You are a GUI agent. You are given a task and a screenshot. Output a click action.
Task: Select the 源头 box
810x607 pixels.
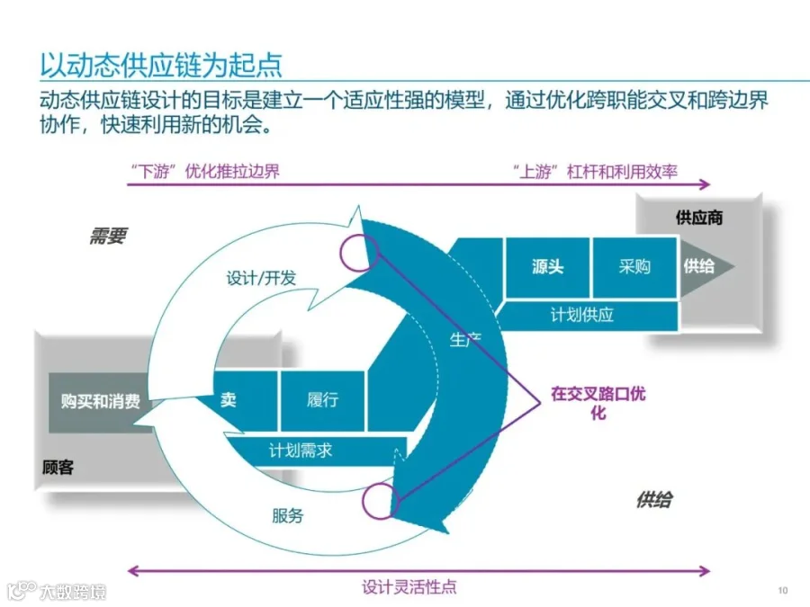click(547, 267)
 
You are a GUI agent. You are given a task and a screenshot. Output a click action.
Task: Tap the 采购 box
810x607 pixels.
click(634, 267)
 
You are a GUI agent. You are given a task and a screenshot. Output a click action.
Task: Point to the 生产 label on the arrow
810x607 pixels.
click(465, 339)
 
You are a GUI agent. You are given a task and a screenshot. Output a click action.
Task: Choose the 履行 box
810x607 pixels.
click(322, 400)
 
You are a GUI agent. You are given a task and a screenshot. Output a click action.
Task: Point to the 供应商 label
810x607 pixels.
click(698, 218)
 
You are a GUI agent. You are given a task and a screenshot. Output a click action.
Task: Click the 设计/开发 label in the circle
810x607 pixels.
click(261, 279)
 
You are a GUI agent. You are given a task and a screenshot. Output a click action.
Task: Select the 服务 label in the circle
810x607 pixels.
click(288, 515)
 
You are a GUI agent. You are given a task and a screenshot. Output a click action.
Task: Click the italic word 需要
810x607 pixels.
click(108, 237)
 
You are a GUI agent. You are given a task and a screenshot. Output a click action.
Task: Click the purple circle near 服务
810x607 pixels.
click(379, 500)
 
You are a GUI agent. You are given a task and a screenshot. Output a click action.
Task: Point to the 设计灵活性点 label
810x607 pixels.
click(409, 587)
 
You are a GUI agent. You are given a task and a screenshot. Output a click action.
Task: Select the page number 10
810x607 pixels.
click(781, 590)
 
